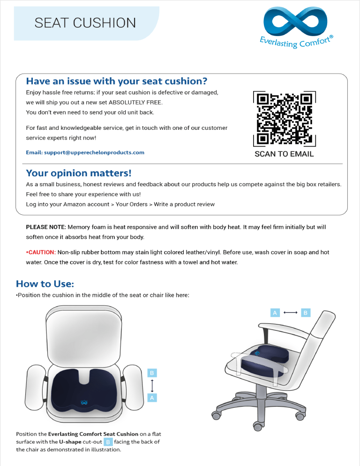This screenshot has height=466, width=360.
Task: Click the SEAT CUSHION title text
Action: coord(85,23)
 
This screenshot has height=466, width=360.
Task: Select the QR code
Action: coord(284,119)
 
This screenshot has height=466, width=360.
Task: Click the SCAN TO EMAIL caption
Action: coord(284,154)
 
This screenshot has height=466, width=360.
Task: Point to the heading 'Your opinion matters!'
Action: coord(78,173)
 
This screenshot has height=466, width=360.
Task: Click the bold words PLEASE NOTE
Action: coord(46,227)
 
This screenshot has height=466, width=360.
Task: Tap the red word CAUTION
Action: coord(42,252)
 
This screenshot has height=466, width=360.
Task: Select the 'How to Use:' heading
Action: coord(45,284)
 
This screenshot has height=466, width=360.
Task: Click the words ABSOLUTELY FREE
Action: coord(135,103)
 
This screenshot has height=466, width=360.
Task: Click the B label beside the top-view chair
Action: coord(152,373)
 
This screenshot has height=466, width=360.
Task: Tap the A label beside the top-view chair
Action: coord(152,398)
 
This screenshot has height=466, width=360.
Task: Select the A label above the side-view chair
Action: coord(275,313)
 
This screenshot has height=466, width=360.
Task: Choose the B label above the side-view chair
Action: coord(306,313)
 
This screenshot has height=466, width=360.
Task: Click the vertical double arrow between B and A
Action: coord(152,385)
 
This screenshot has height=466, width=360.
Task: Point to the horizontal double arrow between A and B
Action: coord(291,312)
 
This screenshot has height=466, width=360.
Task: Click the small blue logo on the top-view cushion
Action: coord(84,402)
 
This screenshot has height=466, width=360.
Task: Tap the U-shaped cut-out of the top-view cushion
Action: coord(84,377)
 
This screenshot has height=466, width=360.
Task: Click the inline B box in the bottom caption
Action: coord(108,442)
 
